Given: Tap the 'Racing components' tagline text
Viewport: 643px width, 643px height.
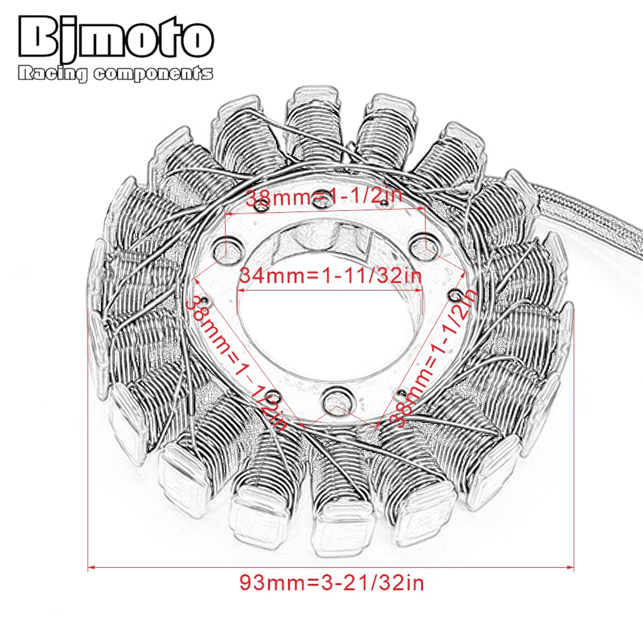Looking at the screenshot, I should pyautogui.click(x=115, y=75).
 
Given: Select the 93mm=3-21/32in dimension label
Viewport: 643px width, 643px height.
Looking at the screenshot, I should pyautogui.click(x=332, y=583).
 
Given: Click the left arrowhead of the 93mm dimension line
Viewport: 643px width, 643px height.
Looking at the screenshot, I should pyautogui.click(x=91, y=567).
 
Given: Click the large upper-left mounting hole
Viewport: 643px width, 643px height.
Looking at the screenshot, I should pyautogui.click(x=228, y=249).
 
